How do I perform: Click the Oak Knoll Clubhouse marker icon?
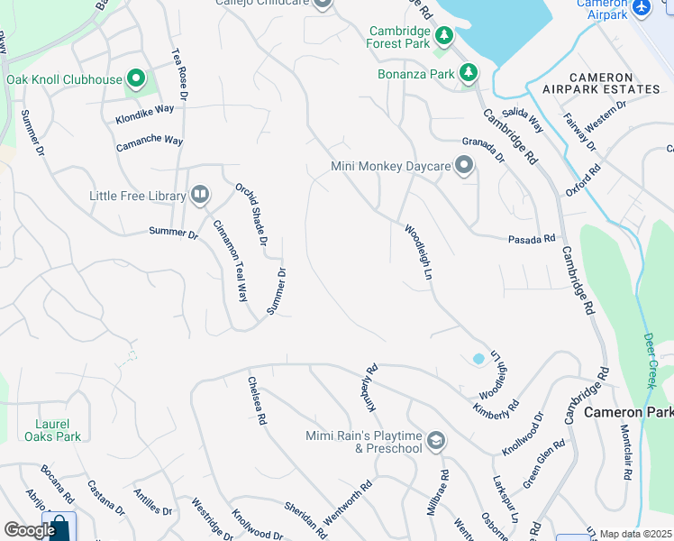coord(136,79)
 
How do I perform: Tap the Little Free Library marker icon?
coord(199,195)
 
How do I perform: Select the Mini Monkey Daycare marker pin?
coord(464,166)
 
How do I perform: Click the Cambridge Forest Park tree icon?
coord(443,36)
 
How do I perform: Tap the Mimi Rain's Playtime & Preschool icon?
coord(436,441)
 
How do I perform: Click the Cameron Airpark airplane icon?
coord(642,7)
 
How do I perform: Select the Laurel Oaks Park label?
coord(59,429)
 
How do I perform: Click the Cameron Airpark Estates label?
coord(602,83)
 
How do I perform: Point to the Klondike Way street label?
coord(144,115)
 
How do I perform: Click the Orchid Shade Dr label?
coord(252,215)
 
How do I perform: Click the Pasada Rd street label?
coord(532,239)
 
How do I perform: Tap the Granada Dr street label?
coord(484,149)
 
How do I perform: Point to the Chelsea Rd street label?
coord(257,400)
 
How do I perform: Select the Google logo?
coord(29,530)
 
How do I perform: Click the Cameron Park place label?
coord(628,412)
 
